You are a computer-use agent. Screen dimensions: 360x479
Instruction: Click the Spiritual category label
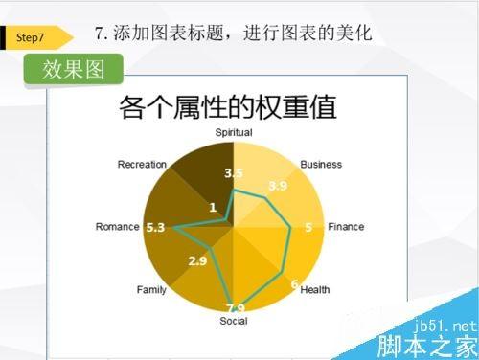tap(234, 132)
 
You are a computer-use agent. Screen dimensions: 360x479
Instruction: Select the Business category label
tap(321, 164)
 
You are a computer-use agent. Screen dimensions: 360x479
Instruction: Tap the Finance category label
tap(346, 227)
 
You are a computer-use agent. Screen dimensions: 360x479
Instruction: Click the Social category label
tap(233, 321)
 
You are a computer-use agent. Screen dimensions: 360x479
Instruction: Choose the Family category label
tap(151, 289)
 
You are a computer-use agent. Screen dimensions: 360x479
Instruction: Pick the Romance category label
tap(118, 227)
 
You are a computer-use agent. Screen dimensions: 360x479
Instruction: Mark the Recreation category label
tap(142, 164)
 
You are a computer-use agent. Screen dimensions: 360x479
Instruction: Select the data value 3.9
tap(278, 186)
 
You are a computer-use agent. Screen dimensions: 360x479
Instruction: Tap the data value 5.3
tap(155, 227)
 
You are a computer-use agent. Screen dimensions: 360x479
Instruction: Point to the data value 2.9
tap(197, 260)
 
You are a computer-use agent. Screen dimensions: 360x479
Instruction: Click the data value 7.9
tap(235, 307)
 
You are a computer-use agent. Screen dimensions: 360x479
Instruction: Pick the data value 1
tap(212, 207)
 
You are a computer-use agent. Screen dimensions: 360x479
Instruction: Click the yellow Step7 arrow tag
tap(36, 36)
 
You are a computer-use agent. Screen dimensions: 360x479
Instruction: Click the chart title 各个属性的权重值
tap(227, 106)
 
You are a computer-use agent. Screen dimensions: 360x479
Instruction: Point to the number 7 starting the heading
tap(101, 34)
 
